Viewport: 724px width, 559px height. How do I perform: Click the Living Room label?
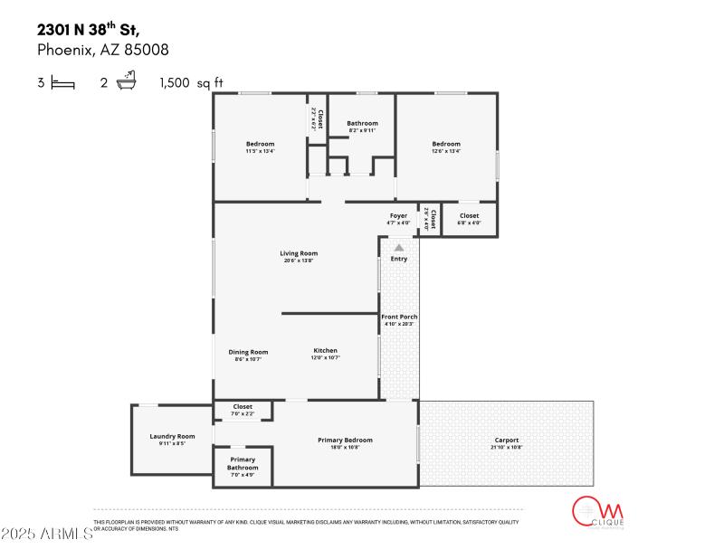point(298,253)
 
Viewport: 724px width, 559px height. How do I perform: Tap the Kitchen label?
point(325,350)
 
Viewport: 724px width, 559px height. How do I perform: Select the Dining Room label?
point(247,352)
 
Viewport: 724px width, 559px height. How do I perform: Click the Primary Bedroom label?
point(345,440)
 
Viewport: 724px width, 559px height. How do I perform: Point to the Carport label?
point(506,440)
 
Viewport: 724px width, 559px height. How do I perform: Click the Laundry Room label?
point(172,436)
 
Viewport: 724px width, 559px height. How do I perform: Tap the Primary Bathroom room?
point(243,465)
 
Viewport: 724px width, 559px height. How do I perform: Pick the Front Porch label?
point(398,317)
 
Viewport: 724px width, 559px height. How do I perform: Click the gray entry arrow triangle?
point(398,246)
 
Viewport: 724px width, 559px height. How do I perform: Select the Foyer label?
point(398,215)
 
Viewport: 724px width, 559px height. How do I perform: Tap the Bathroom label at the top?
point(362,123)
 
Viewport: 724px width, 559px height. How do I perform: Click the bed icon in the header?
point(62,83)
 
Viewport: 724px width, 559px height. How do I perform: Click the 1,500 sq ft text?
point(190,83)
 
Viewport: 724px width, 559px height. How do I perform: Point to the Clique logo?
point(595,512)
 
